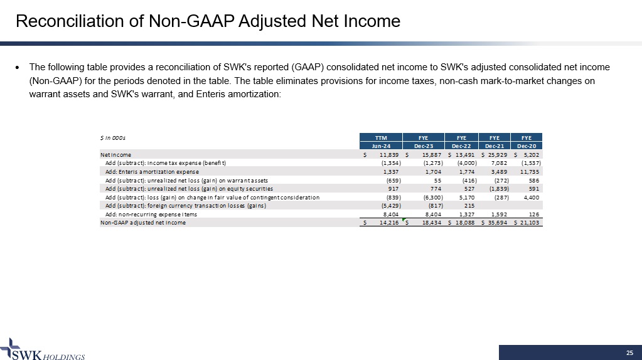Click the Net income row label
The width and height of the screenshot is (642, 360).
coord(116,154)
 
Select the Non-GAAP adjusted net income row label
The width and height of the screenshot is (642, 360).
coord(143,223)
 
